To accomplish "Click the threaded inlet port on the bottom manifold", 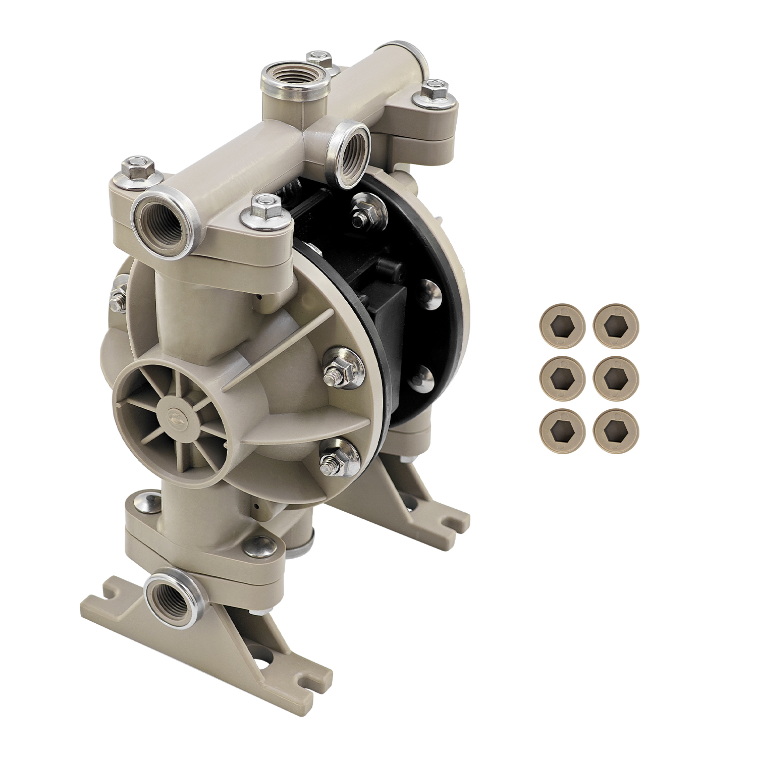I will click(x=170, y=599).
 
